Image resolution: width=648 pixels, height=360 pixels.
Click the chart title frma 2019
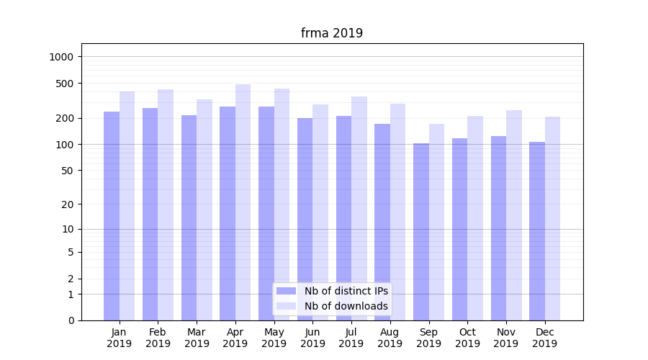coord(332,33)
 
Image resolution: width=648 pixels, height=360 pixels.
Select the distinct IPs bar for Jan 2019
coord(112,216)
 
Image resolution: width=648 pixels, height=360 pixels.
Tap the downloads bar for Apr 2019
coord(243,202)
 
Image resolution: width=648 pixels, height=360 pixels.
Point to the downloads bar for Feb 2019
coord(166,205)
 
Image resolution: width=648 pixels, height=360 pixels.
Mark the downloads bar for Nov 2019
coord(514,215)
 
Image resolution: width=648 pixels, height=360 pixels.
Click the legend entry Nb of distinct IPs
coord(346,291)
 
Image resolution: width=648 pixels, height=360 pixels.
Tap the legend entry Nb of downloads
coord(346,306)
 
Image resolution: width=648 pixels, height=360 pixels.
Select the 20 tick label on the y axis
coord(67,204)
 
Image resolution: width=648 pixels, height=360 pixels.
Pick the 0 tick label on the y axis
coord(71,320)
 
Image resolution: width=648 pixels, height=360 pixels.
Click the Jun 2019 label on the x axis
coord(312,338)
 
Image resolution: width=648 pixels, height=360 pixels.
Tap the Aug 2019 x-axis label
coord(390,338)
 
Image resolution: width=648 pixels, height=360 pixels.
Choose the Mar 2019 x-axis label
coord(197,338)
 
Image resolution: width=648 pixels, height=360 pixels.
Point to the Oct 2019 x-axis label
coord(467,338)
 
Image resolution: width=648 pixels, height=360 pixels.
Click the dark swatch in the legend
coord(287,291)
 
